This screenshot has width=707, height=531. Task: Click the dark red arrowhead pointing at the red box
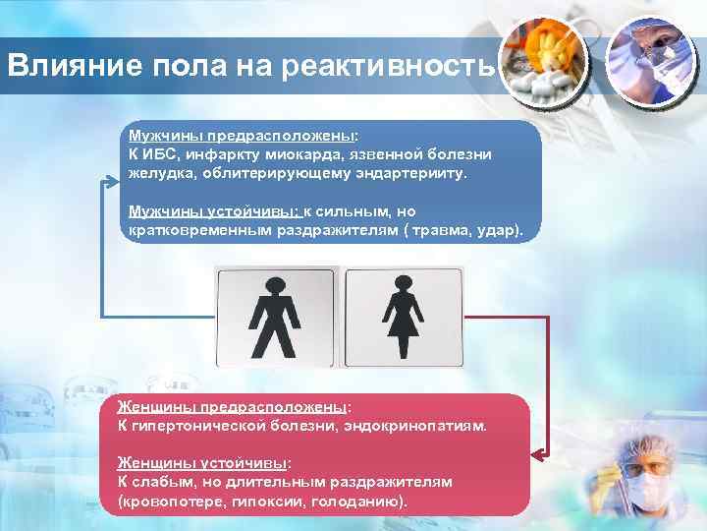pyautogui.click(x=536, y=455)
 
